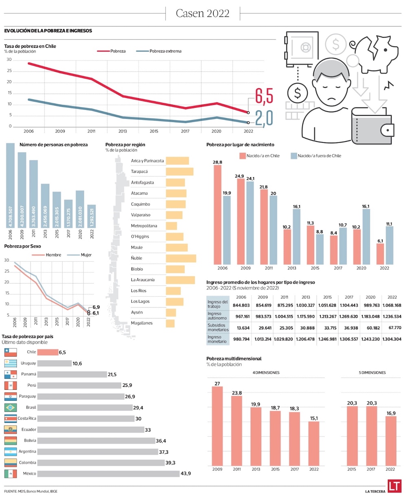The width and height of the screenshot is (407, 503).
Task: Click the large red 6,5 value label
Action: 264,96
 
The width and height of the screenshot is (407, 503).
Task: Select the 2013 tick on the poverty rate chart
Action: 123,131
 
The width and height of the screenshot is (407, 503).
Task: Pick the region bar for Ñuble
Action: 181,258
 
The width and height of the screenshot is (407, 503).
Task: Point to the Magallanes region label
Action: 142,323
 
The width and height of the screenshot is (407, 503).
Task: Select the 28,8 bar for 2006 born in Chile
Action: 218,215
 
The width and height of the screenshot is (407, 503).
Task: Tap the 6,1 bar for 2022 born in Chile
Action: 380,254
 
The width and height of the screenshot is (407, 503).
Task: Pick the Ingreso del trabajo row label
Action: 217,304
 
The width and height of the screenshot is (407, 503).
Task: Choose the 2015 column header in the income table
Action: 327,297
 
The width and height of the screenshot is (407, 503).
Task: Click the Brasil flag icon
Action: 11,408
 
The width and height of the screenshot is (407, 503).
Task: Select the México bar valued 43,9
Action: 108,474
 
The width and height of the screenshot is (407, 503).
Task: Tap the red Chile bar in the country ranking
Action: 48,352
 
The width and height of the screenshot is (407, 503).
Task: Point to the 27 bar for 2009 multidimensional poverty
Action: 217,426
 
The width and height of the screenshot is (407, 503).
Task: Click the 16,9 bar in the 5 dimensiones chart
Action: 391,441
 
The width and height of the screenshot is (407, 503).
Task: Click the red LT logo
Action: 394,486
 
